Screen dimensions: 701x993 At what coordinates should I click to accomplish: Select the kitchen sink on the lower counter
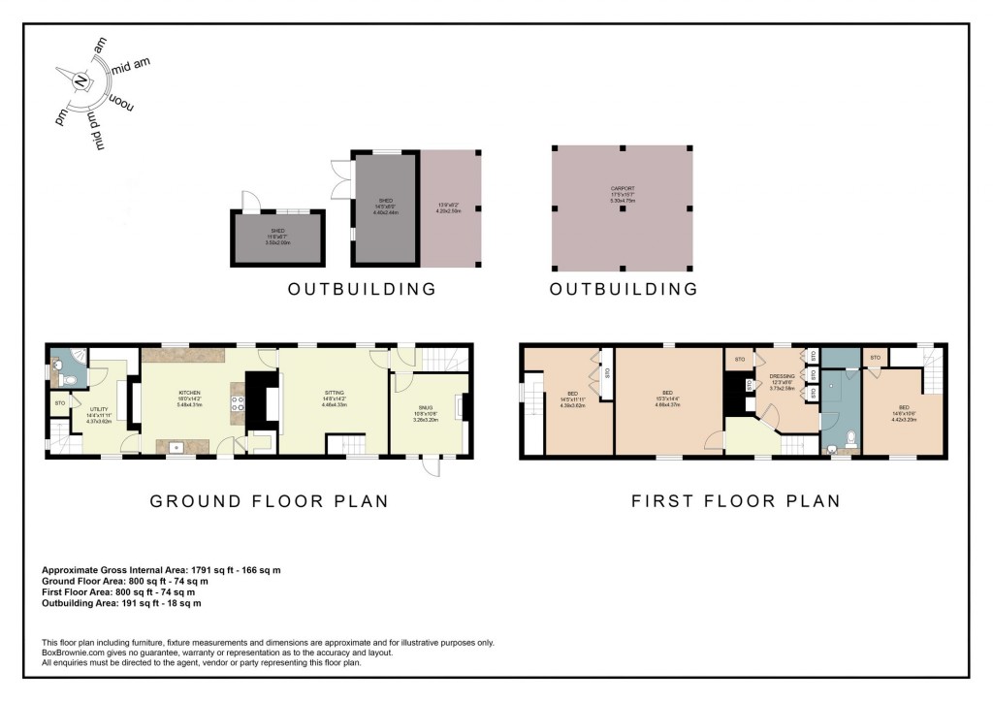[x=176, y=448]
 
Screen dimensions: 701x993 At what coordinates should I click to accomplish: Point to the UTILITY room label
[x=99, y=411]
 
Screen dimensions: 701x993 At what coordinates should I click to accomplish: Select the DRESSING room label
[x=782, y=375]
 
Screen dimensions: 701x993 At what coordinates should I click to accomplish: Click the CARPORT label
[x=622, y=190]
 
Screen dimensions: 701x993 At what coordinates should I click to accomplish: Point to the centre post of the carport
[x=622, y=208]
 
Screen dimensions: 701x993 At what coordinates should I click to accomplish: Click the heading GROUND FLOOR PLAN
[x=269, y=501]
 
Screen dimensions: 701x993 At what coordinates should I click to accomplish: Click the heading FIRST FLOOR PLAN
[x=735, y=501]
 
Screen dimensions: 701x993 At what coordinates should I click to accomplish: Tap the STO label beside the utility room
[x=59, y=401]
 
